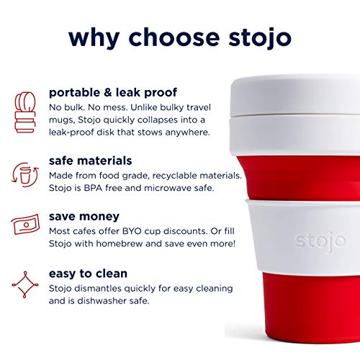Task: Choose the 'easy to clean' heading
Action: pyautogui.click(x=88, y=273)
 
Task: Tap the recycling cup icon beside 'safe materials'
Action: pyautogui.click(x=25, y=176)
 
